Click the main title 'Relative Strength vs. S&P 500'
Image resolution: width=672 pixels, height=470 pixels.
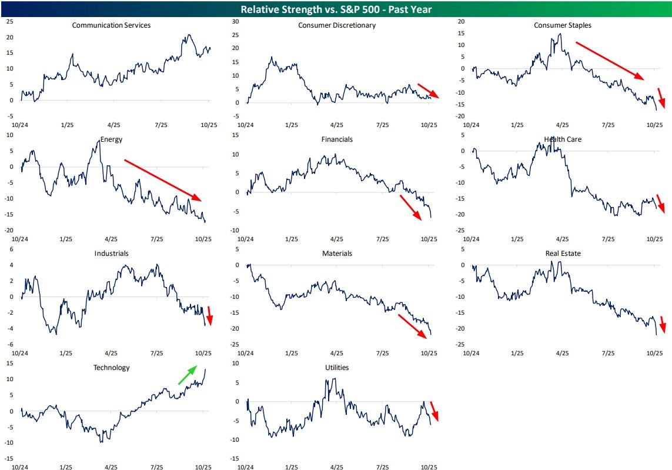point(336,9)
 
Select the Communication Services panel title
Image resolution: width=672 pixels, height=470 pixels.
point(111,25)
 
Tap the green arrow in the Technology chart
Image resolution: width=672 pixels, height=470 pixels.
point(188,375)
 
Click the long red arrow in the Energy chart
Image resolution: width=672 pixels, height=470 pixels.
point(163,179)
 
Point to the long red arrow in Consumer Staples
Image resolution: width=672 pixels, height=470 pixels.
point(610,60)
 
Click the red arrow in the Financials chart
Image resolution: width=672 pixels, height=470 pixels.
point(410,208)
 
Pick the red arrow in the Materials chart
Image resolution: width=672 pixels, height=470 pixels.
point(412,326)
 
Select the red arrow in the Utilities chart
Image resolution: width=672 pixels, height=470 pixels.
point(434,411)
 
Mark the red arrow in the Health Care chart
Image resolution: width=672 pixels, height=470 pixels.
point(660,202)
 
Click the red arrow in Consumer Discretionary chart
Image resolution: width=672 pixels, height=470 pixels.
point(427,91)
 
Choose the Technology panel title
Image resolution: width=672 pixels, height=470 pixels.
point(111,368)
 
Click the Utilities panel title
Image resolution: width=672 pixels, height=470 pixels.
point(337,368)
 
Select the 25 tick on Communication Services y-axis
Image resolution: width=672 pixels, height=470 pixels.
point(9,21)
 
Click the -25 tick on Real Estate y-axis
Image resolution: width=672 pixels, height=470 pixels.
point(459,344)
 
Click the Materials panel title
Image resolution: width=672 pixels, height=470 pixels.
point(337,254)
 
